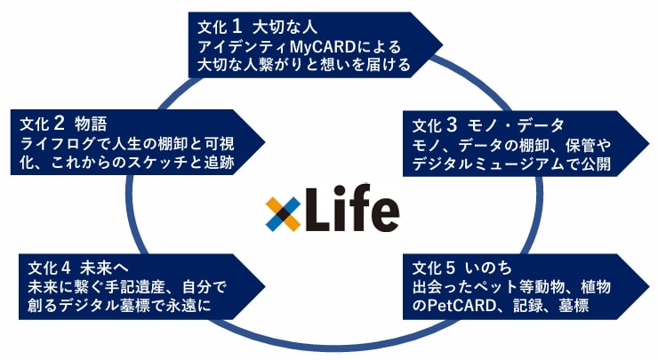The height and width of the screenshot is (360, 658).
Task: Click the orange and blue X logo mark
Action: (283, 212)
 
